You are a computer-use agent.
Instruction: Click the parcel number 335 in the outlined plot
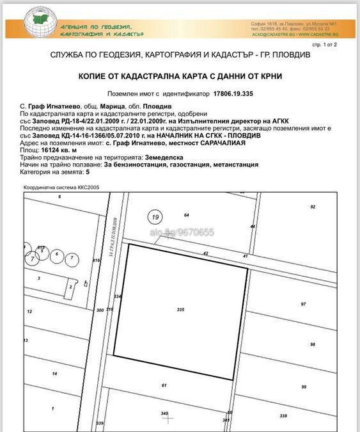click(180, 309)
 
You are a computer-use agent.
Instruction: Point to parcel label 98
click(313, 344)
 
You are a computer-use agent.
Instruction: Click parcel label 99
click(304, 387)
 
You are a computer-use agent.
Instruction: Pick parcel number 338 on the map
click(283, 415)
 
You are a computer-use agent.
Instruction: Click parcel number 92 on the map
click(313, 207)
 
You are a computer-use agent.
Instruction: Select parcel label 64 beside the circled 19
click(187, 214)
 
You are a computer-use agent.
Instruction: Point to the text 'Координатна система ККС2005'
click(61, 188)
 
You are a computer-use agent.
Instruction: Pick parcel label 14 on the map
click(55, 373)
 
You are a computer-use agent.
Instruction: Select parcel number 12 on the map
click(29, 311)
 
